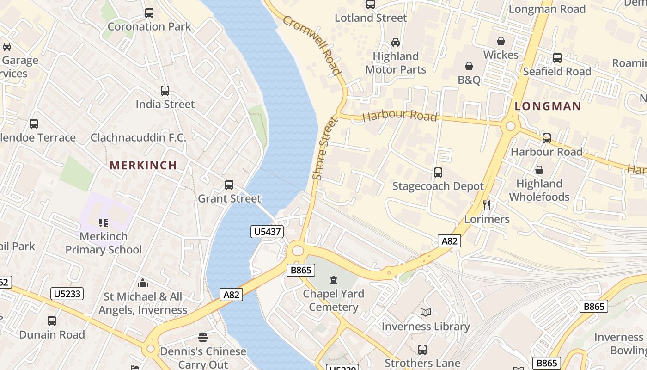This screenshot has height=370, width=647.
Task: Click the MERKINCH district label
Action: click(143, 165)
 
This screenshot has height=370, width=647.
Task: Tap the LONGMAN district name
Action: click(548, 106)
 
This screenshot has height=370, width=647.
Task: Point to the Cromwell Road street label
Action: click(312, 45)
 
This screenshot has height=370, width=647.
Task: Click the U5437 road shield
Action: click(267, 231)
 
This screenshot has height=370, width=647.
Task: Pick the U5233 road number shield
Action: click(67, 294)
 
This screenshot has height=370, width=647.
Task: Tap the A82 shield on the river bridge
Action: click(231, 295)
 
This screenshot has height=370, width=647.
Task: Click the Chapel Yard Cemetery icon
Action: click(333, 280)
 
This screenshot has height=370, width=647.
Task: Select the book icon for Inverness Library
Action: click(426, 313)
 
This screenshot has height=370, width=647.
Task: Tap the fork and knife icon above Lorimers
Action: click(486, 205)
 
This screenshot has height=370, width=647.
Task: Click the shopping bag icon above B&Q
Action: click(469, 66)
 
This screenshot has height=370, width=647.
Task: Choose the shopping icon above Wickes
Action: click(501, 41)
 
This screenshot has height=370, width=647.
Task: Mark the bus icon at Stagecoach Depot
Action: click(438, 173)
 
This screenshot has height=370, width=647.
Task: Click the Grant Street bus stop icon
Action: click(229, 185)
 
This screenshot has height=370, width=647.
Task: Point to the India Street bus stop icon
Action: click(165, 91)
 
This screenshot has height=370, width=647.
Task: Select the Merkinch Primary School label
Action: click(104, 243)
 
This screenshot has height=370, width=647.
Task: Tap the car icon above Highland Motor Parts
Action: click(396, 43)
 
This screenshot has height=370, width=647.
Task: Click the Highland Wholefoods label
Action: click(539, 190)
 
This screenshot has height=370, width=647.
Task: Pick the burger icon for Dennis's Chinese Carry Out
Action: click(202, 338)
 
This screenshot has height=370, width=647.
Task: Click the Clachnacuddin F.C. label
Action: click(138, 137)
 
